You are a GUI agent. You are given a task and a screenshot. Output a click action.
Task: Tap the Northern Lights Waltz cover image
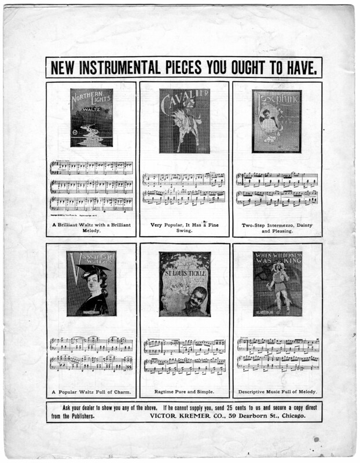coord(91,117)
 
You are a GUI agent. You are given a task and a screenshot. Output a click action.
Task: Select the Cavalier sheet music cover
coord(185,120)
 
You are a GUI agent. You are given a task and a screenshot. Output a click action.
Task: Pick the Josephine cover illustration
coord(277,121)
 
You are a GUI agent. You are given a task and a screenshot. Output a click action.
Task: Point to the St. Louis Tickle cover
coord(185,284)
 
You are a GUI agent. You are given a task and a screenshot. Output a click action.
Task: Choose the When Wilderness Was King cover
coord(277,284)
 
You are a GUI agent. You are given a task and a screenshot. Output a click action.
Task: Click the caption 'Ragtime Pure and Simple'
coord(185,391)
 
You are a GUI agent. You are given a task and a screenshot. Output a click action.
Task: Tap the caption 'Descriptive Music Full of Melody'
coord(277,391)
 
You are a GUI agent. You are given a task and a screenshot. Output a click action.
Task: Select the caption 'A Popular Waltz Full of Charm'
coord(91,391)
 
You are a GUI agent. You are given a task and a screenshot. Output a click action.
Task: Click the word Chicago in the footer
coord(290,416)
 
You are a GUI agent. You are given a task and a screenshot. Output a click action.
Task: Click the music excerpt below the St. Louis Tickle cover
coord(185,354)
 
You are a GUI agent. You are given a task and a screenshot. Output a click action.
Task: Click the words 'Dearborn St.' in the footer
coord(252,416)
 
